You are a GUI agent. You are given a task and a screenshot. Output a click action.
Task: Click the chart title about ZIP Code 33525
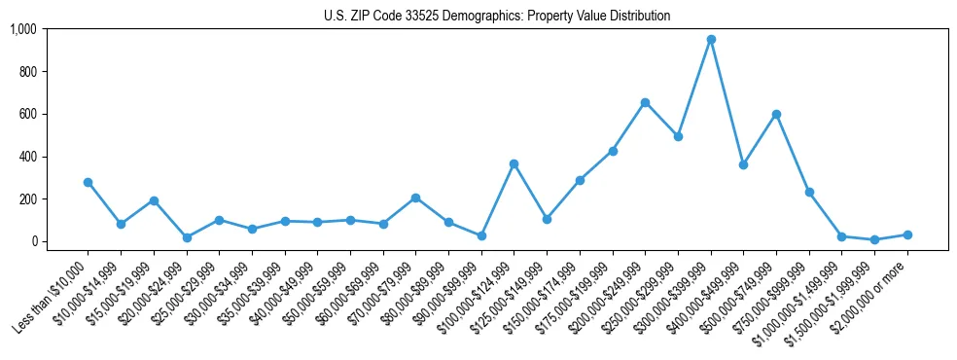497,17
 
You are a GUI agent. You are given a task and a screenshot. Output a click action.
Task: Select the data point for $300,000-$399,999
711,39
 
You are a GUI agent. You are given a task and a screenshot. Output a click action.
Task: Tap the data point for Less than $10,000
89,182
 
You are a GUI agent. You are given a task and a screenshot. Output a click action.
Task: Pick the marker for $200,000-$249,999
645,102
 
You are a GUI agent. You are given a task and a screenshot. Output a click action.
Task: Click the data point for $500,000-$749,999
776,114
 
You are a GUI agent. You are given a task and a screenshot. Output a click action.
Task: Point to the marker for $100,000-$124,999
514,163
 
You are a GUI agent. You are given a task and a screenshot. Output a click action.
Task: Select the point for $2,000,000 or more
907,234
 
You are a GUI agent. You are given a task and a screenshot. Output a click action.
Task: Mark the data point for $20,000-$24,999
187,237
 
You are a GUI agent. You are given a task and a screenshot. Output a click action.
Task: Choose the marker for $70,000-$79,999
415,198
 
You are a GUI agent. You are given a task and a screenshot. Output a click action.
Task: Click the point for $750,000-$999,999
809,192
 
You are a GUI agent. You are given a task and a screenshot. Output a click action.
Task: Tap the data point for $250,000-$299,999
678,136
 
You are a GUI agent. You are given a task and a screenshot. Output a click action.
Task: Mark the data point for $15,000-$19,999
154,200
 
